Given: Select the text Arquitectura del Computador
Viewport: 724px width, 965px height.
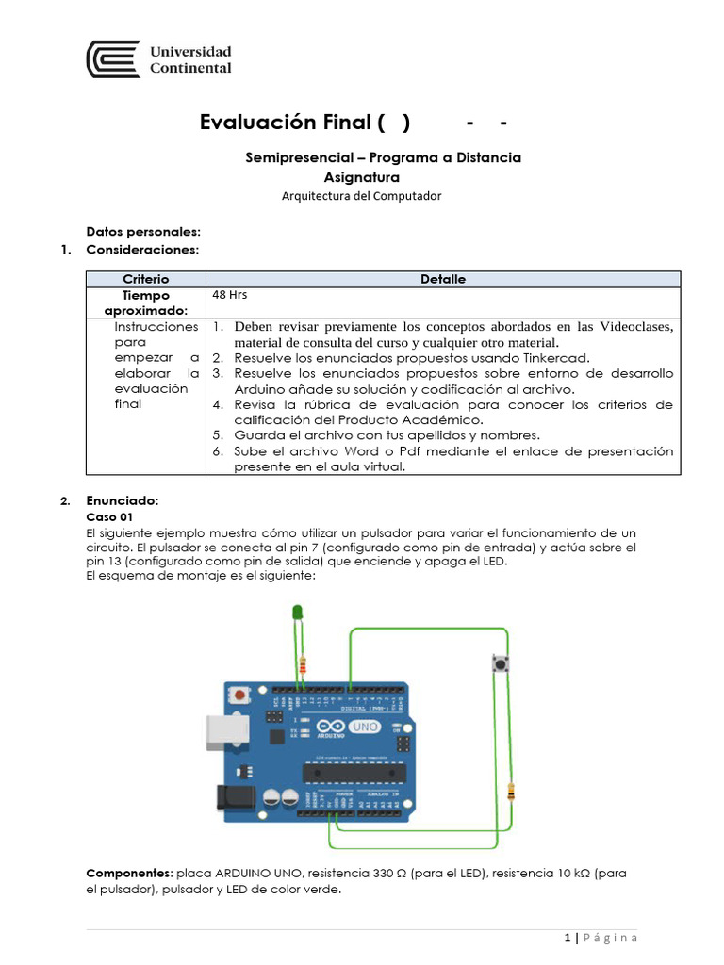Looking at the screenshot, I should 361,196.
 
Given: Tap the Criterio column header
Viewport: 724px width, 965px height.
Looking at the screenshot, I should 145,279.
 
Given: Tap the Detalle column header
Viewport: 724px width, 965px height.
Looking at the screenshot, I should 442,279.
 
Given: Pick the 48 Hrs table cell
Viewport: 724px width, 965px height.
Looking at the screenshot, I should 229,295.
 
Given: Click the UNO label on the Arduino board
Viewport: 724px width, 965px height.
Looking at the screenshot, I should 364,728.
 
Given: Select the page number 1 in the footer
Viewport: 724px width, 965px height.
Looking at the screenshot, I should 568,938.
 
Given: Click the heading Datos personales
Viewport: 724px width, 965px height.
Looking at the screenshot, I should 143,231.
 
